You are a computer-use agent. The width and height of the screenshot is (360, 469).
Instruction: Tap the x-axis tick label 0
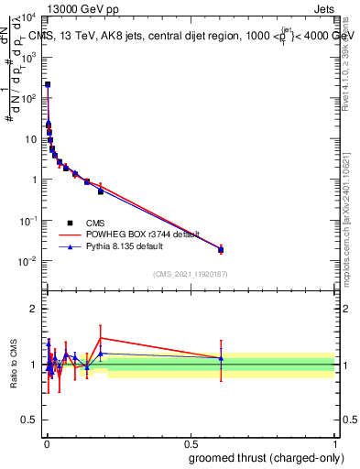[x=47, y=443]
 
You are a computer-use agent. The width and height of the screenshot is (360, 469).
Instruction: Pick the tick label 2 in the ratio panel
[x=34, y=309]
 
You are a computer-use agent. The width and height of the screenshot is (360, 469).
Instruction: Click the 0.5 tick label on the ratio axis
[x=30, y=420]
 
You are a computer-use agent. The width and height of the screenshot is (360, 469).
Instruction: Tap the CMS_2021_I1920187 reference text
[x=190, y=274]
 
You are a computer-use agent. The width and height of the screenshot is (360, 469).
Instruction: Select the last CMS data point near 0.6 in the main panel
[x=221, y=249]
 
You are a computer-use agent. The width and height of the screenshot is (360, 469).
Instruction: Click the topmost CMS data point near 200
[x=48, y=84]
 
